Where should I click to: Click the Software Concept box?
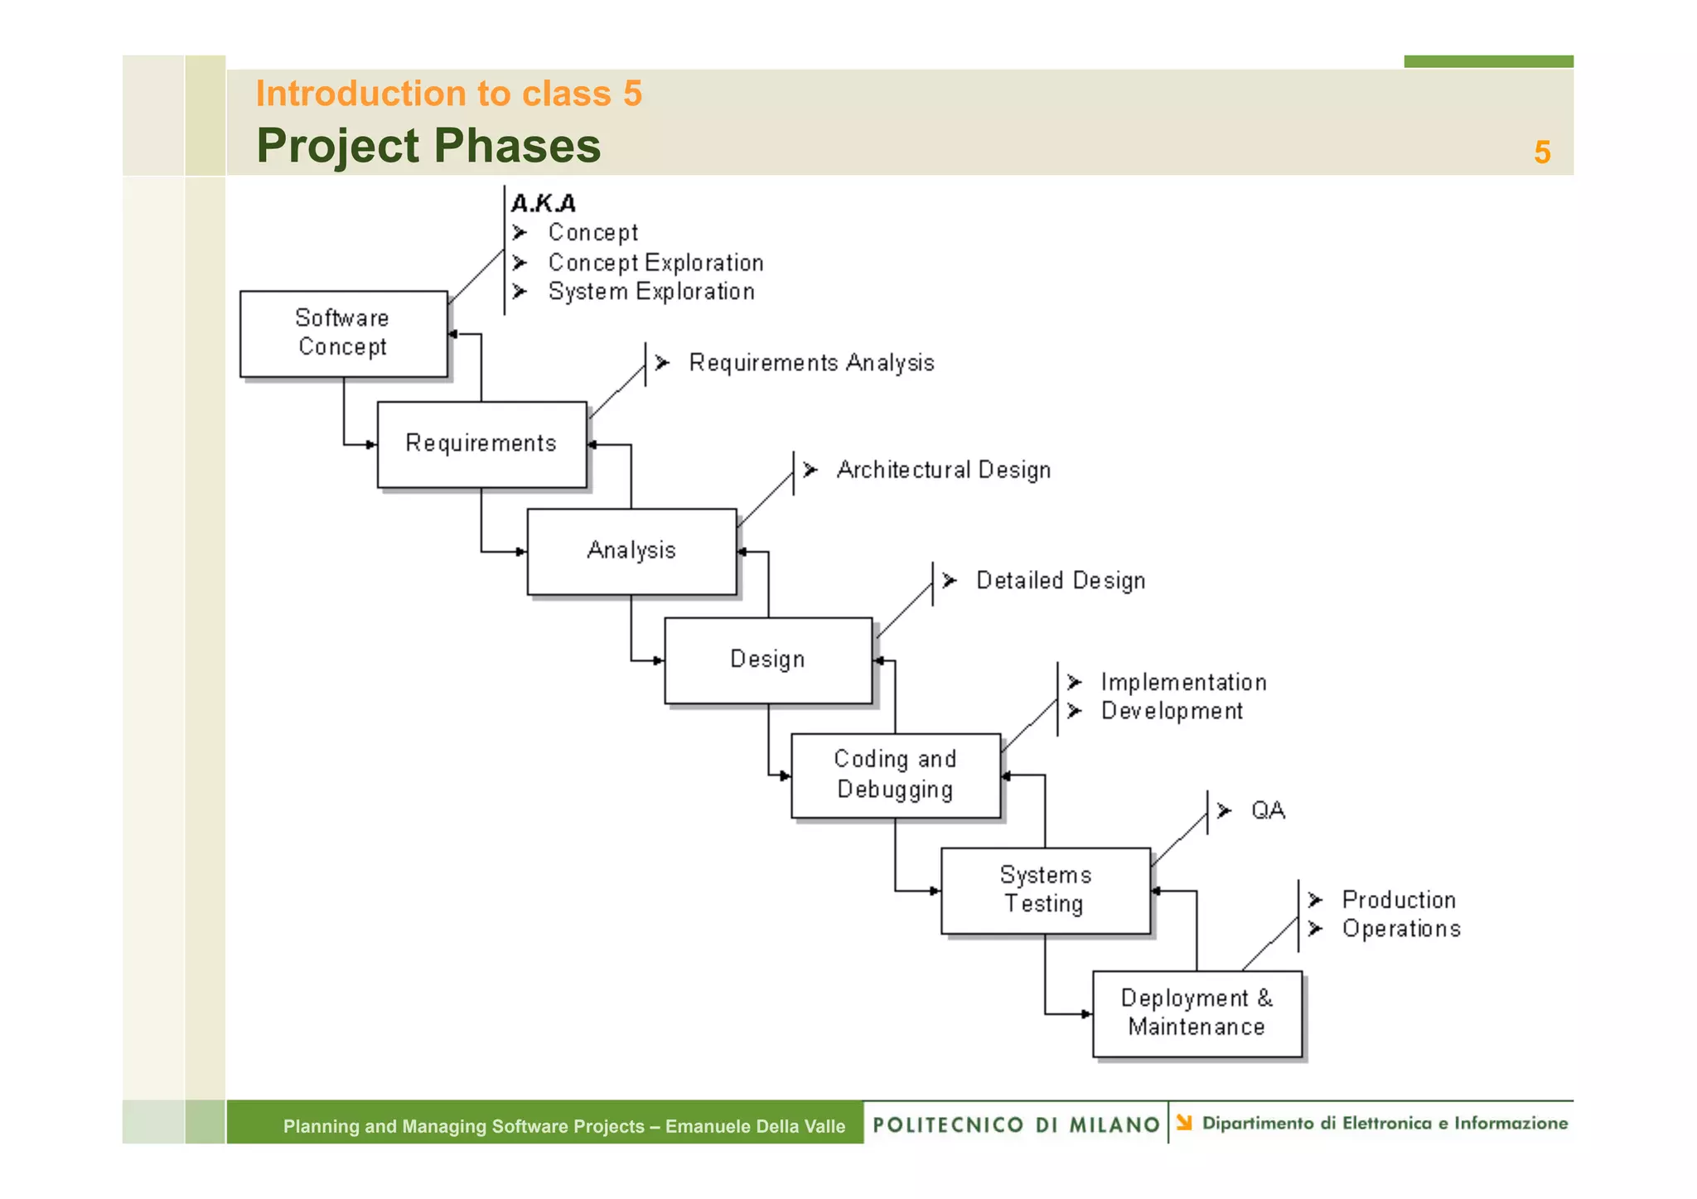[x=343, y=333]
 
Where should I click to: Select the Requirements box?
[x=481, y=444]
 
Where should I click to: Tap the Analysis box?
[x=631, y=551]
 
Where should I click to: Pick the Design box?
[x=768, y=660]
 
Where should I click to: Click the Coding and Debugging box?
[x=895, y=775]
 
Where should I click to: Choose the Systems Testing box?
[x=1045, y=890]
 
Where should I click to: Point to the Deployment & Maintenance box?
[x=1197, y=1013]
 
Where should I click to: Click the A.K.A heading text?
[x=544, y=203]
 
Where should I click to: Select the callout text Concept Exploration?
[x=655, y=263]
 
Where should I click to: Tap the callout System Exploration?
[x=651, y=292]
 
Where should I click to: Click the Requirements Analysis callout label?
[x=811, y=363]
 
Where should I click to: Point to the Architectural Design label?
[x=943, y=470]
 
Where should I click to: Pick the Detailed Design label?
[x=1061, y=581]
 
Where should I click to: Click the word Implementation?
[x=1183, y=683]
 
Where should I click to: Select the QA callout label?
[x=1268, y=810]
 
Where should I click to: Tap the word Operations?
[x=1401, y=929]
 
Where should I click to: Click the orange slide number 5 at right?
[x=1541, y=152]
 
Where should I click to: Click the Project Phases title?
[x=428, y=146]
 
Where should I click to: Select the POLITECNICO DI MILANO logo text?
[x=1016, y=1124]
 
